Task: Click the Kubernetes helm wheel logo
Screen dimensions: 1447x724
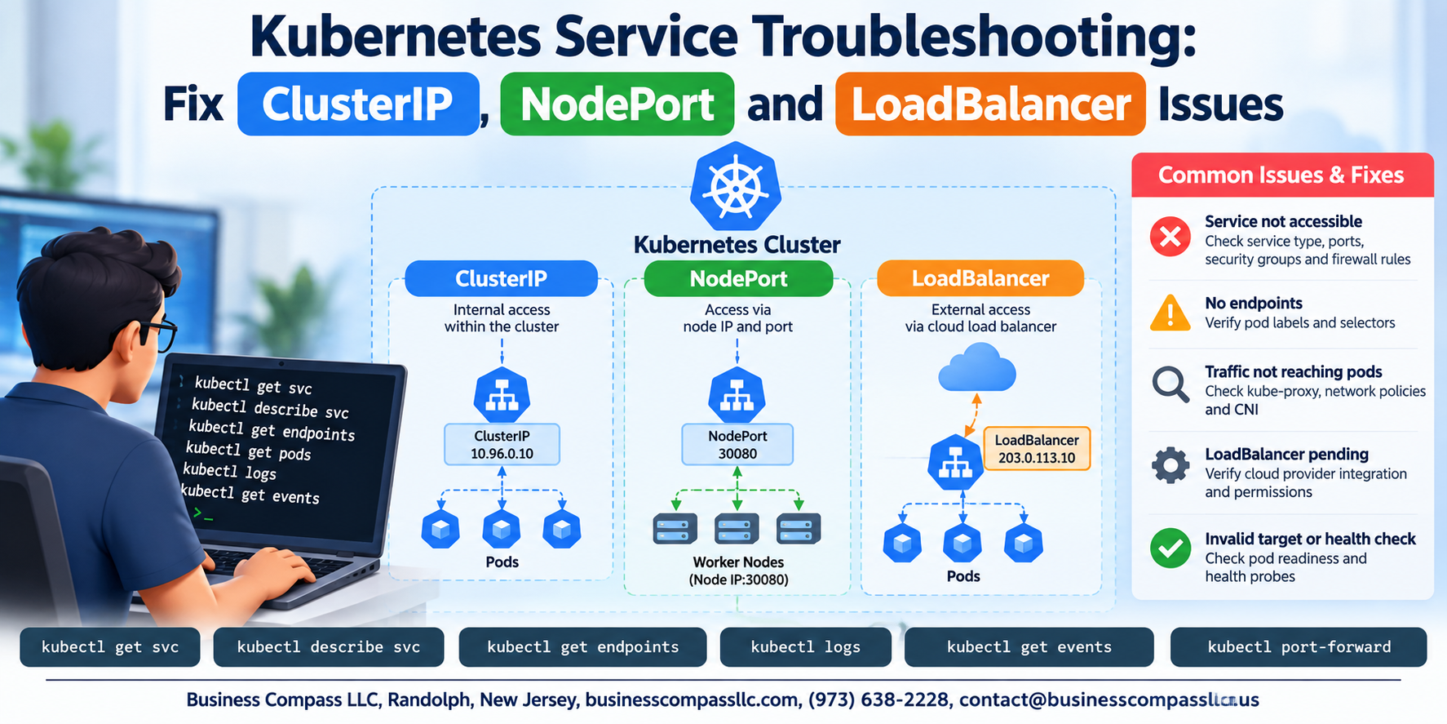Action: (x=736, y=187)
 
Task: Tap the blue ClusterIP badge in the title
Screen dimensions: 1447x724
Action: (x=358, y=104)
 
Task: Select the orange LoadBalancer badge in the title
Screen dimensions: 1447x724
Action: (x=990, y=104)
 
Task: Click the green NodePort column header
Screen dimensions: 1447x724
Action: (x=738, y=278)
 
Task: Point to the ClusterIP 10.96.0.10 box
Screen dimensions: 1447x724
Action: (x=502, y=444)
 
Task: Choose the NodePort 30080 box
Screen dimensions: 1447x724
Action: (x=737, y=444)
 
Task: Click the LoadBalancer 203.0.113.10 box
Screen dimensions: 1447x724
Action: (x=1037, y=449)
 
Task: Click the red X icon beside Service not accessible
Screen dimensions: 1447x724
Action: (x=1170, y=237)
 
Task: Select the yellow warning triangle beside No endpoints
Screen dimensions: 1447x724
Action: (x=1170, y=313)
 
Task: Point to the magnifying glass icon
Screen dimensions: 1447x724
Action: (x=1170, y=384)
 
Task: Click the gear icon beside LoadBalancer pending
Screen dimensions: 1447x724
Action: (x=1170, y=465)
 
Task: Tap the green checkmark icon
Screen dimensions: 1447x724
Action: (x=1170, y=548)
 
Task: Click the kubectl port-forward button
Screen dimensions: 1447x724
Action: (x=1299, y=647)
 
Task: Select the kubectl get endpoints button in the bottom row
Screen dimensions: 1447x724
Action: (x=582, y=647)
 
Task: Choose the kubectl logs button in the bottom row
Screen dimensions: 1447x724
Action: (x=805, y=647)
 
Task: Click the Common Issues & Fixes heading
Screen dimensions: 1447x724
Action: (x=1281, y=175)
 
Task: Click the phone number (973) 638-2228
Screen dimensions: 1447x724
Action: (x=878, y=700)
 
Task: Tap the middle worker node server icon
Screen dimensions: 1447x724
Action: (x=737, y=529)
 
